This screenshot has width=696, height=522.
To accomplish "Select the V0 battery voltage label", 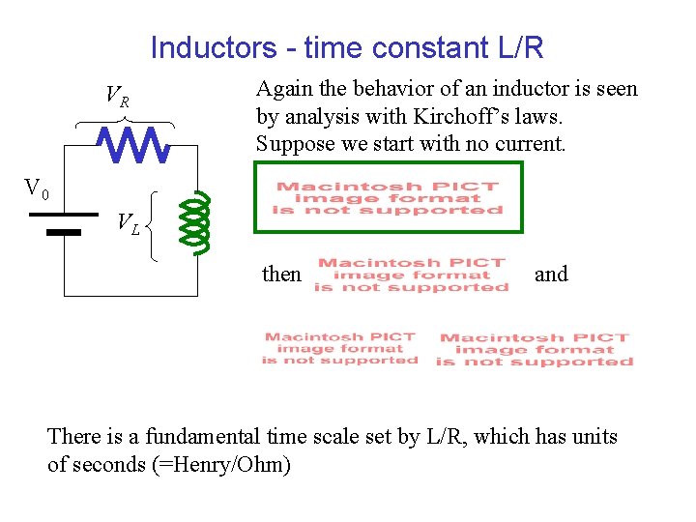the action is (x=37, y=188).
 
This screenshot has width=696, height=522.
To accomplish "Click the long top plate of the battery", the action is (x=64, y=214).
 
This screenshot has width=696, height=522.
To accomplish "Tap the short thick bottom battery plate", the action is (x=64, y=232).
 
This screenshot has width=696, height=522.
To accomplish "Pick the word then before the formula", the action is (x=281, y=275).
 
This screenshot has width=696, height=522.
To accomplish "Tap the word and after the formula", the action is (x=551, y=275).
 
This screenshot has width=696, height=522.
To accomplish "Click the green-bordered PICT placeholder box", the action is (x=388, y=198).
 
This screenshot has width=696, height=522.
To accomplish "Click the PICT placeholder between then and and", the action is (x=412, y=275).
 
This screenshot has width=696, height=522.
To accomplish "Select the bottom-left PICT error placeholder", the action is (x=339, y=348).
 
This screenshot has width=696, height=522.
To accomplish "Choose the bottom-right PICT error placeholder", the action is (x=535, y=350).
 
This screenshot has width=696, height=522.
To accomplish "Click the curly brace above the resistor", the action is (x=125, y=122).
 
